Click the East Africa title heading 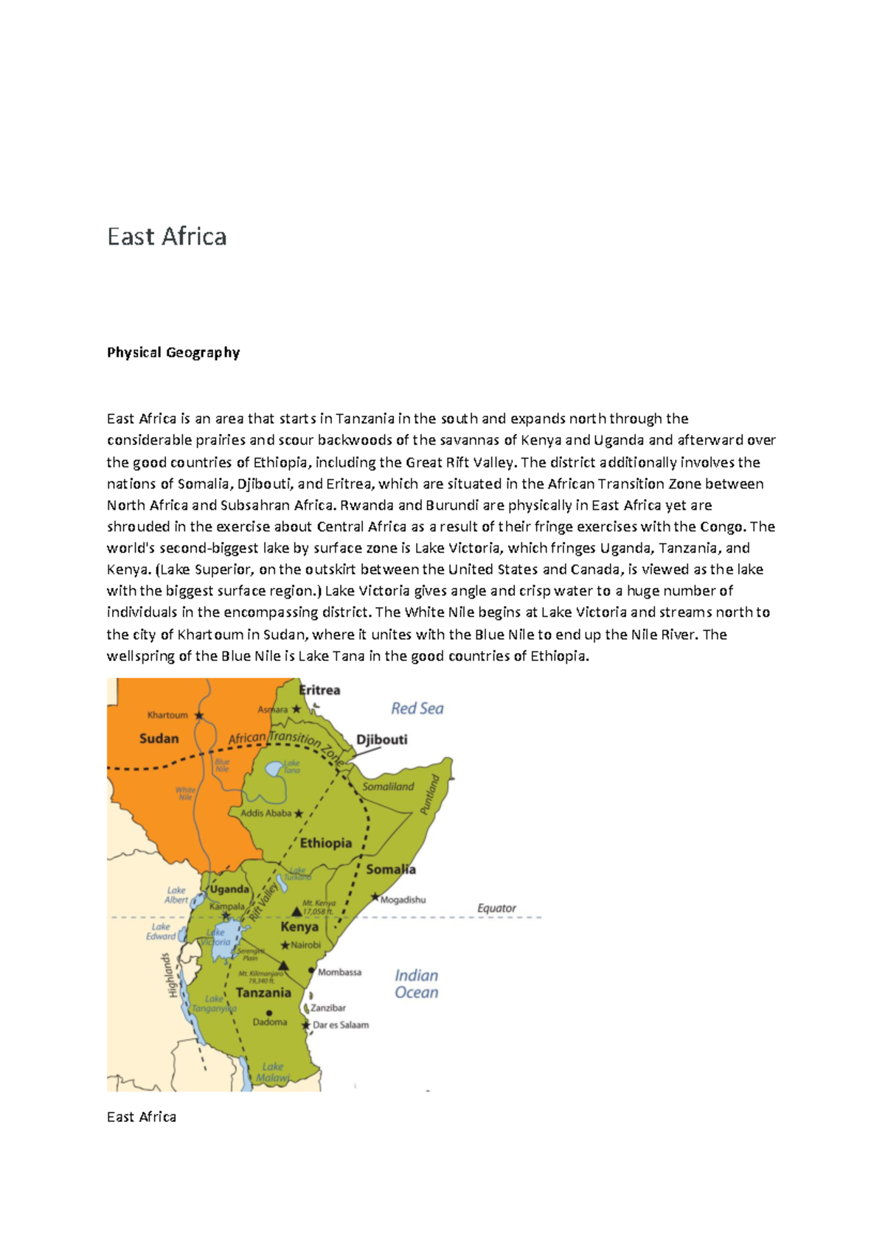[x=167, y=237]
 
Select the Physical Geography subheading [x=173, y=352]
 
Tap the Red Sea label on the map [x=417, y=708]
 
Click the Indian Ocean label [x=416, y=984]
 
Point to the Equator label [x=496, y=908]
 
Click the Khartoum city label [x=167, y=715]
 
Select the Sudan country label [x=159, y=739]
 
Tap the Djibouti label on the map [x=381, y=739]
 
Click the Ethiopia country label [x=325, y=843]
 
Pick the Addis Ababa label [x=266, y=813]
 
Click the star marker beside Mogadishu [x=375, y=898]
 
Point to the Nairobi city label [x=306, y=945]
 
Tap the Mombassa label [x=339, y=972]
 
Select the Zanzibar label [x=328, y=1008]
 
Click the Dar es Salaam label [x=341, y=1024]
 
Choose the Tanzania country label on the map [x=263, y=993]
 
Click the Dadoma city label [x=270, y=1022]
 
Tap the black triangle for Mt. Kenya [x=296, y=912]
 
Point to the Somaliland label [x=388, y=786]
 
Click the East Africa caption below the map [x=142, y=1117]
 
